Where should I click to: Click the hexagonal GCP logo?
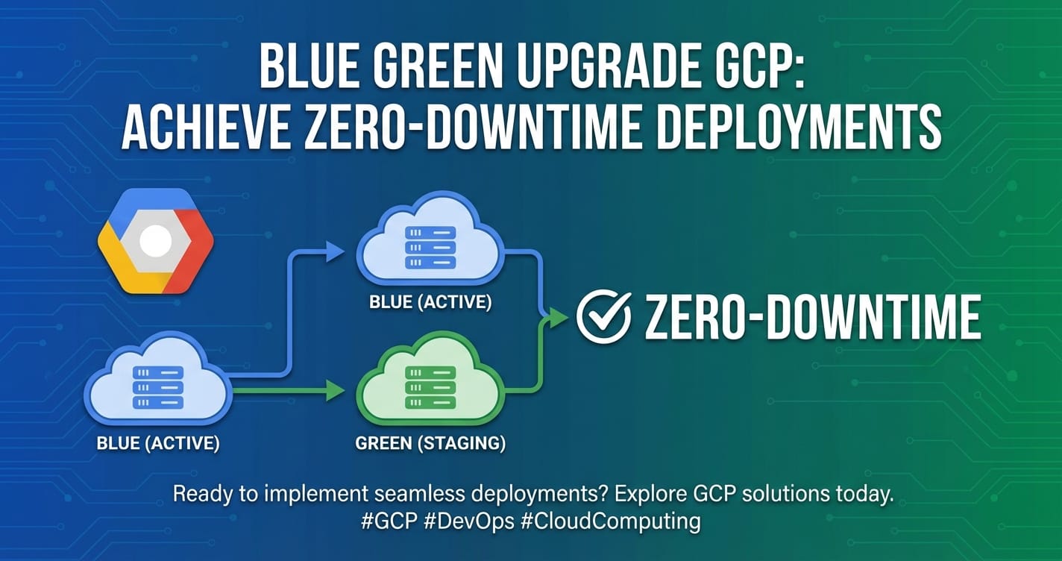point(156,240)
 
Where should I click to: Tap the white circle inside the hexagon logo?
point(156,240)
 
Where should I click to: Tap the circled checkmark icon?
point(603,317)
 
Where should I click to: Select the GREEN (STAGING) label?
point(430,443)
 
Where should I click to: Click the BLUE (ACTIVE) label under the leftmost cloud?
point(158,443)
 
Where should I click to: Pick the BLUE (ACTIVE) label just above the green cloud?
point(430,302)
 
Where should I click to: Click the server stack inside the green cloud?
point(430,387)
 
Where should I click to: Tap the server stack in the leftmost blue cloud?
point(158,387)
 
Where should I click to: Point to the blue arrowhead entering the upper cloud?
point(335,251)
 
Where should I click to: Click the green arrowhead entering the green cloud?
point(335,391)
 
